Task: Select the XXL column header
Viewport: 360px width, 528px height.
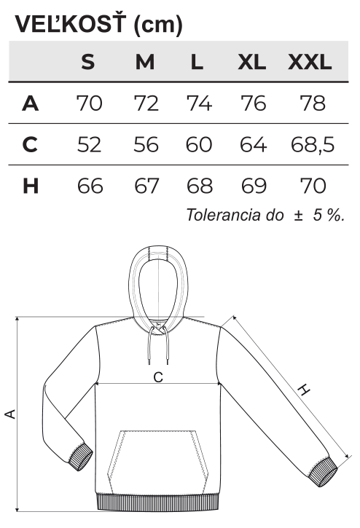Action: pyautogui.click(x=310, y=62)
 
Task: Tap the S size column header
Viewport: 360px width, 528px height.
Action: pyautogui.click(x=88, y=62)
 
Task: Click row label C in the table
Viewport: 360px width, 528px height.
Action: pyautogui.click(x=30, y=144)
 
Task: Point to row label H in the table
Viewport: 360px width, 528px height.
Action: pyautogui.click(x=31, y=186)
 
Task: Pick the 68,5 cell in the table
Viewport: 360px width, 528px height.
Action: pyautogui.click(x=313, y=145)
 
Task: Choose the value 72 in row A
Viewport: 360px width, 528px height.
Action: pyautogui.click(x=146, y=103)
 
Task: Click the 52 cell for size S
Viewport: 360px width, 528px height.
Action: pyautogui.click(x=89, y=145)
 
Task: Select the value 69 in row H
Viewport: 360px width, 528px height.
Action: pyautogui.click(x=254, y=186)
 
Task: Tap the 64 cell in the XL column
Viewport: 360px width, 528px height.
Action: pyautogui.click(x=253, y=145)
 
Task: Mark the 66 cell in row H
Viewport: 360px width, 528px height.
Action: pyautogui.click(x=90, y=186)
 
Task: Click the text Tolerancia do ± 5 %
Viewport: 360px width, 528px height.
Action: pyautogui.click(x=265, y=215)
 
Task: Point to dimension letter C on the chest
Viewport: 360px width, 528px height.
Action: pyautogui.click(x=158, y=377)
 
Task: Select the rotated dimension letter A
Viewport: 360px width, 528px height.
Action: pyautogui.click(x=10, y=414)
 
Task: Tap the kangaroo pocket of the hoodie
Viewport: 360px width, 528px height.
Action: pyautogui.click(x=157, y=460)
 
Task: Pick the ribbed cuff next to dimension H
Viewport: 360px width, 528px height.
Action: pyautogui.click(x=323, y=473)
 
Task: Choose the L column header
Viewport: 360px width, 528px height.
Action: pyautogui.click(x=197, y=62)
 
